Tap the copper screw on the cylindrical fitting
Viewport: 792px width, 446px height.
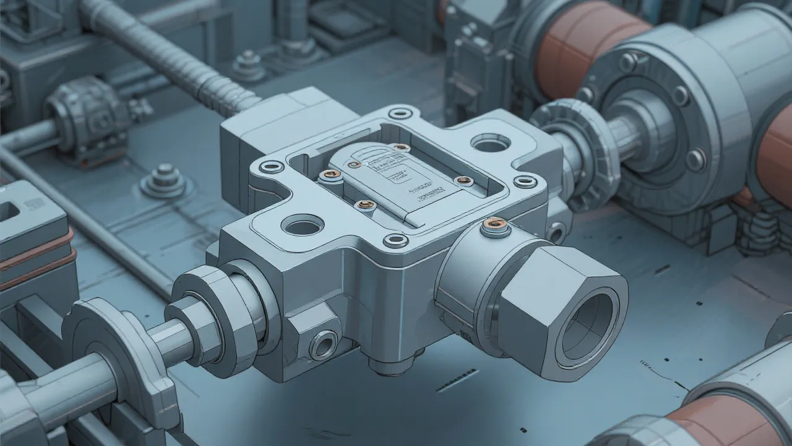(x=495, y=224)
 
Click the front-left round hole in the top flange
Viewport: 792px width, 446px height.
(x=303, y=224)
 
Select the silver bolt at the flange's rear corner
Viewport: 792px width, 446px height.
(x=401, y=113)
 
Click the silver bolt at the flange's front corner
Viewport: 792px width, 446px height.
(x=395, y=240)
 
